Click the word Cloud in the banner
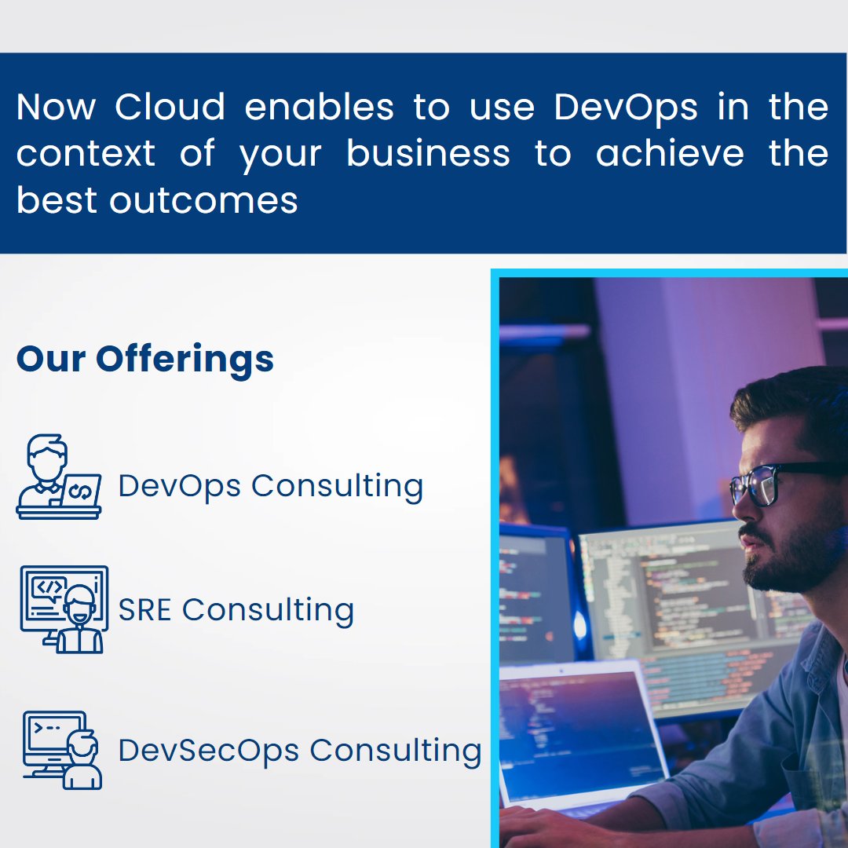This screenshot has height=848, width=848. point(170,108)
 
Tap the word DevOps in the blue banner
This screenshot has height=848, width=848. point(625,108)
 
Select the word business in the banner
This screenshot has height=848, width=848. point(428,154)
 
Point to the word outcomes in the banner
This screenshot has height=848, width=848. point(203,200)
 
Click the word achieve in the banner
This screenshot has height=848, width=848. point(669,154)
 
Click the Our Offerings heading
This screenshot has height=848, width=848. point(145,359)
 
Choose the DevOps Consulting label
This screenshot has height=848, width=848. point(270,486)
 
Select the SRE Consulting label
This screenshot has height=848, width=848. point(236,609)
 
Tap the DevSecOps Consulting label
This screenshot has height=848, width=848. point(299,750)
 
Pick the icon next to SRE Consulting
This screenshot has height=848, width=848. point(63,609)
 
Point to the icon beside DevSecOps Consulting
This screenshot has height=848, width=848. point(62,750)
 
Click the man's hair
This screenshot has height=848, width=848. point(793,400)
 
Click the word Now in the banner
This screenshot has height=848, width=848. point(54,108)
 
